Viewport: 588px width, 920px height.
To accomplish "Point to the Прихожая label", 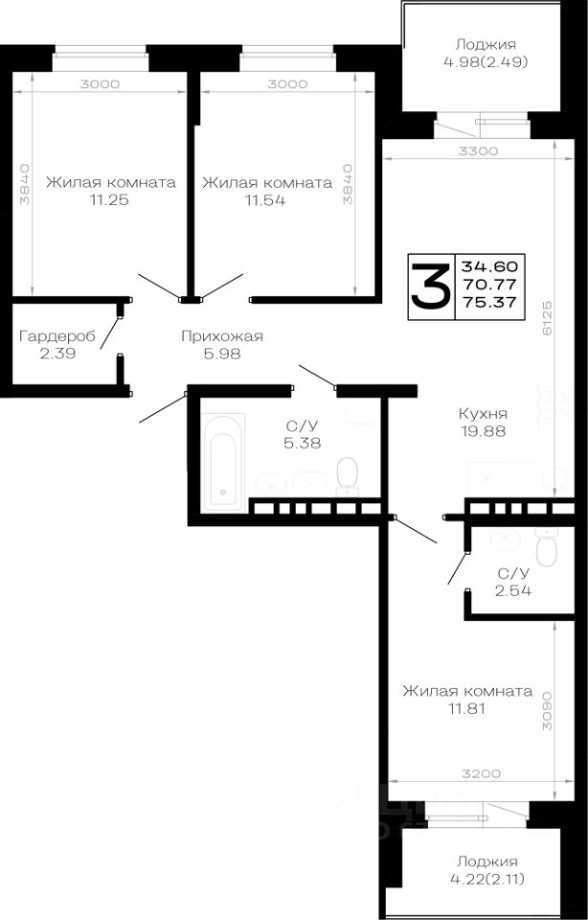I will (222, 335).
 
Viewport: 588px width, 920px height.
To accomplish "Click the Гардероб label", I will (57, 335).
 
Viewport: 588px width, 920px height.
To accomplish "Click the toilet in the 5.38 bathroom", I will (347, 471).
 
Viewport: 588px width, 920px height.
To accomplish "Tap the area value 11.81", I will (424, 709).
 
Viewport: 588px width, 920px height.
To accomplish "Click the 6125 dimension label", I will (546, 316).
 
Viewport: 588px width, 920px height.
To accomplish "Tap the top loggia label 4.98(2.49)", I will (486, 61).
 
